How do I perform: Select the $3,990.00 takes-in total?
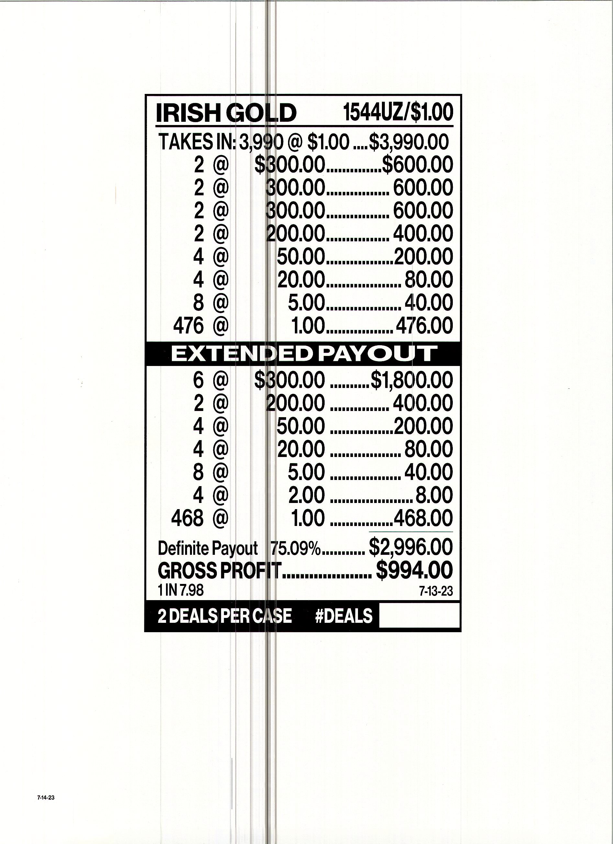click(x=409, y=142)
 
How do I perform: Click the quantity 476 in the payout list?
click(x=188, y=325)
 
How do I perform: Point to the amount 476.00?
click(x=424, y=325)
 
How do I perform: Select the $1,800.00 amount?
click(x=411, y=380)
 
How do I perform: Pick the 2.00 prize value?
click(x=306, y=495)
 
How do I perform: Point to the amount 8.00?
click(x=434, y=495)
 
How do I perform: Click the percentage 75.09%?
click(x=295, y=548)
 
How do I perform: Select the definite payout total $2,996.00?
click(x=411, y=547)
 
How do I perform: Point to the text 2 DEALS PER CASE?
click(x=225, y=616)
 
